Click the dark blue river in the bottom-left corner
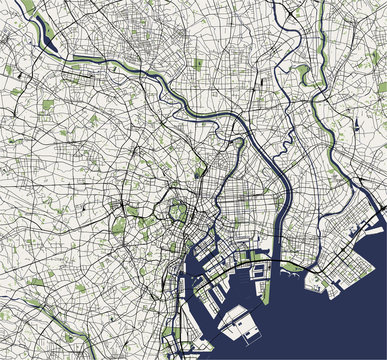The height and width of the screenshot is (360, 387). click(x=20, y=325)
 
